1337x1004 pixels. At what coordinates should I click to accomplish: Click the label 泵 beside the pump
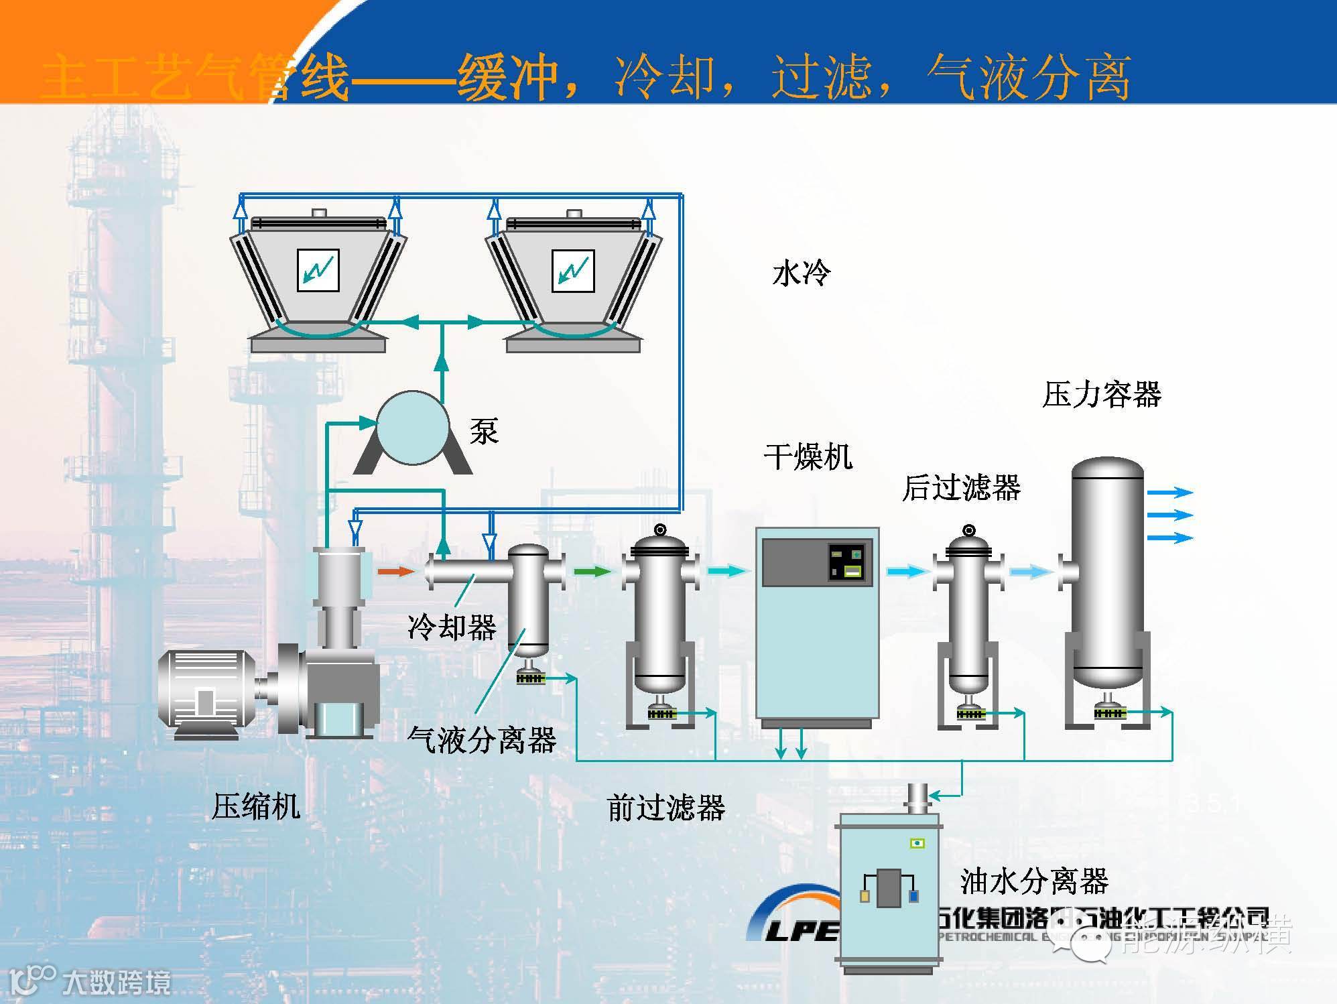(x=484, y=431)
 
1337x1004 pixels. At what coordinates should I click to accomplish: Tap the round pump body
(x=412, y=428)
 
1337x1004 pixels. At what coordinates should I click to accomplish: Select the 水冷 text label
(x=801, y=273)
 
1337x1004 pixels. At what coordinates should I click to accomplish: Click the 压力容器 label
(x=1101, y=394)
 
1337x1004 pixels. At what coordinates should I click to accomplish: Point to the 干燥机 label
(x=808, y=457)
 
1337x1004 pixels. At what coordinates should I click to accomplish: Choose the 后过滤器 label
(x=961, y=487)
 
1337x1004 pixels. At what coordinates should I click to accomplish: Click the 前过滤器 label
(x=665, y=808)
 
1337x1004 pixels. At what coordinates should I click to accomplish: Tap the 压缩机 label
(x=255, y=806)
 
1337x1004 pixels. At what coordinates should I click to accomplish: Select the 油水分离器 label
(x=1034, y=881)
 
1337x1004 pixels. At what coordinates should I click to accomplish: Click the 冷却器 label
(x=452, y=627)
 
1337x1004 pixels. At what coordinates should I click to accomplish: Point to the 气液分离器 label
(x=482, y=740)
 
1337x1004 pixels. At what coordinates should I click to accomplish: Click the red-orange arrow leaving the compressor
(x=396, y=572)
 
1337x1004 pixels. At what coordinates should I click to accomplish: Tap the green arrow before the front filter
(x=593, y=572)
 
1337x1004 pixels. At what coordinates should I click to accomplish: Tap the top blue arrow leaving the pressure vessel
(x=1170, y=493)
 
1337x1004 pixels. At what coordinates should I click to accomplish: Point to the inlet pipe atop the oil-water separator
(x=917, y=798)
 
